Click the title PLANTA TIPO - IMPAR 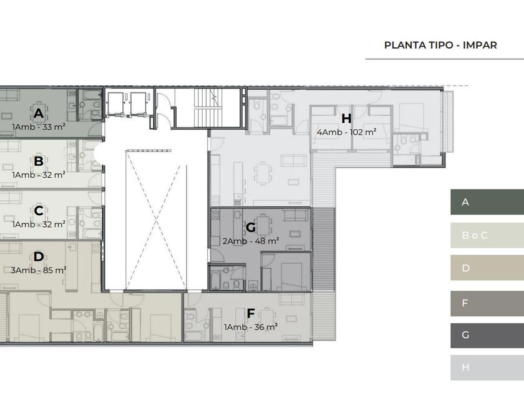(440, 45)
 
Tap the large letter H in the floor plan (347, 119)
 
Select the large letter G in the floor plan (251, 228)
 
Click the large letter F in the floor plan (251, 314)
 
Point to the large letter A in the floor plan (39, 114)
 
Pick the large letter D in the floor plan (39, 256)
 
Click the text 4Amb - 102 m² (347, 132)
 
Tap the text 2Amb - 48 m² (251, 241)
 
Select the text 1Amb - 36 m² (251, 327)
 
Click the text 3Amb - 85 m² (39, 270)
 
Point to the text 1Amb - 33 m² (39, 127)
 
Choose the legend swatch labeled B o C (487, 235)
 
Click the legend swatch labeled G (487, 335)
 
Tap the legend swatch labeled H (487, 367)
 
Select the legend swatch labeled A (487, 202)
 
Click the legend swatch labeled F (487, 303)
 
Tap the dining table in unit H (263, 173)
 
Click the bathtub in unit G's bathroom (216, 279)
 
